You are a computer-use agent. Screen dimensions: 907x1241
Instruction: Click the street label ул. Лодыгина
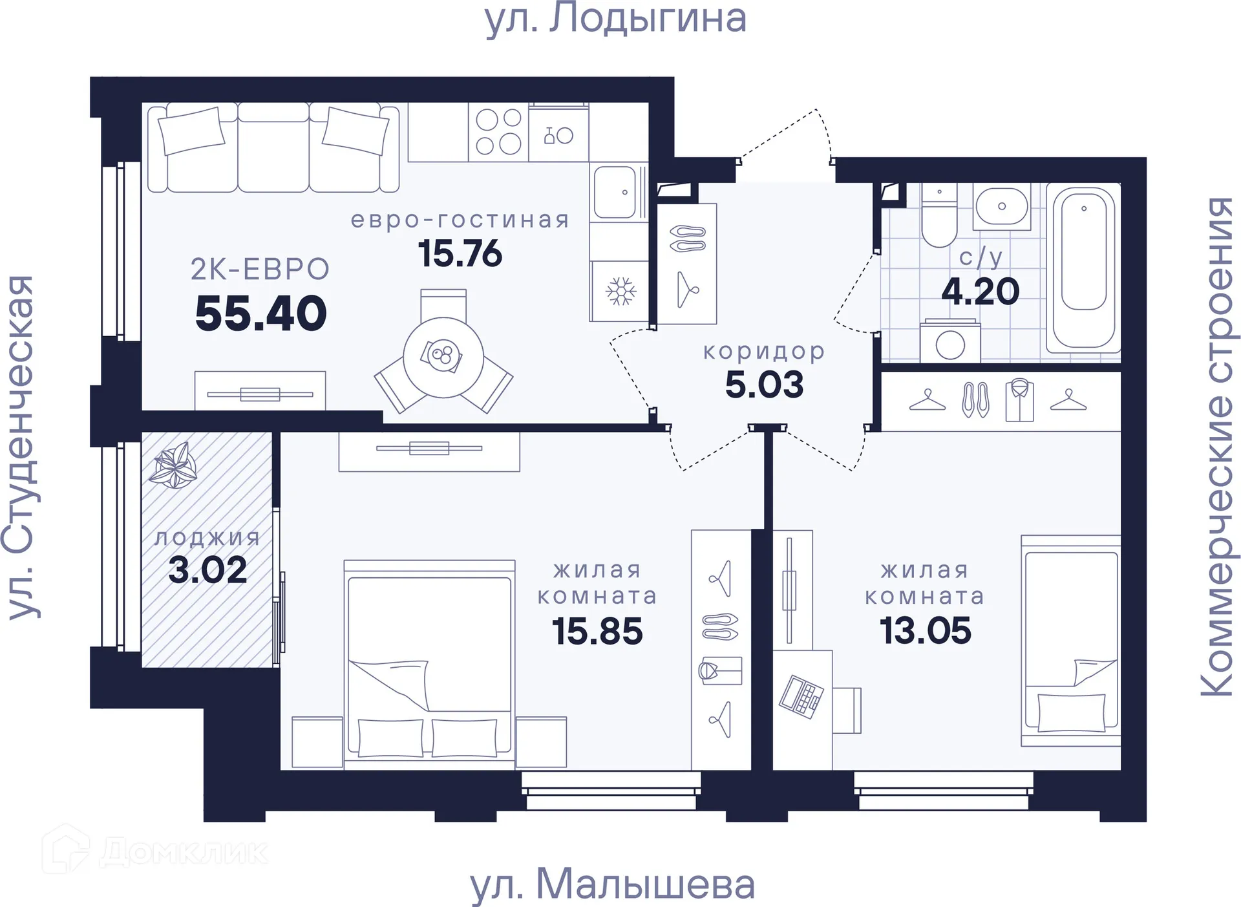coord(615,19)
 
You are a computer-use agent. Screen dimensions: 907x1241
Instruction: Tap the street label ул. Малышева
coord(612,884)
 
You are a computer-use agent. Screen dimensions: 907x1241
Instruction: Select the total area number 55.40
coord(261,314)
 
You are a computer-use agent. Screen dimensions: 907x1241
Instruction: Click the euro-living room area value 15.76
coord(460,253)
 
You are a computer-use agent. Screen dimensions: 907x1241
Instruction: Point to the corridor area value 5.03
coord(764,385)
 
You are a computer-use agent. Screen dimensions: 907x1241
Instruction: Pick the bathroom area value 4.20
coord(980,292)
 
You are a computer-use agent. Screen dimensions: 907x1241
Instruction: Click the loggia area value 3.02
coord(207,570)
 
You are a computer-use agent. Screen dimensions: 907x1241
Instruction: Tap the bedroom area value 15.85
coord(597,631)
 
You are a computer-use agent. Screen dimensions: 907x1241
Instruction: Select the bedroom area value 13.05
coord(925,630)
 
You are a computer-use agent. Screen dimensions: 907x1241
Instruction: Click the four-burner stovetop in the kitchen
coord(498,132)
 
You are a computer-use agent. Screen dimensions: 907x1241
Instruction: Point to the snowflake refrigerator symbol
coord(620,291)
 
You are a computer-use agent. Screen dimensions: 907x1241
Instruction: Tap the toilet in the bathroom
coord(939,217)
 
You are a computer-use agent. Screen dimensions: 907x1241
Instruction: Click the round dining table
coord(443,357)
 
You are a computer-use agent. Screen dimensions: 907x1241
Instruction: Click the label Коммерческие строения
coord(1218,446)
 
